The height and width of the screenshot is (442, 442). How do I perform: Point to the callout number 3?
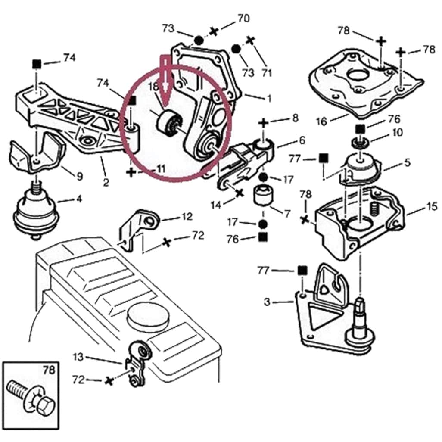pos(268,302)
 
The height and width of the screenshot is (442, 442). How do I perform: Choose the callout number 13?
pos(78,357)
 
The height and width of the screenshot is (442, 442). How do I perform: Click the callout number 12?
pos(187,217)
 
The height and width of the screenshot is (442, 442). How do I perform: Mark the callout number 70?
pos(243,19)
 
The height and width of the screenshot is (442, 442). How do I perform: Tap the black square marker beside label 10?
pos(360,128)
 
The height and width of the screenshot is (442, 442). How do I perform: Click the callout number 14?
pos(216,205)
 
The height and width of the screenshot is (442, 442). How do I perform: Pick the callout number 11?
pos(160,169)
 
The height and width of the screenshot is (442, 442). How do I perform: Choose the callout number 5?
pos(408,162)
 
